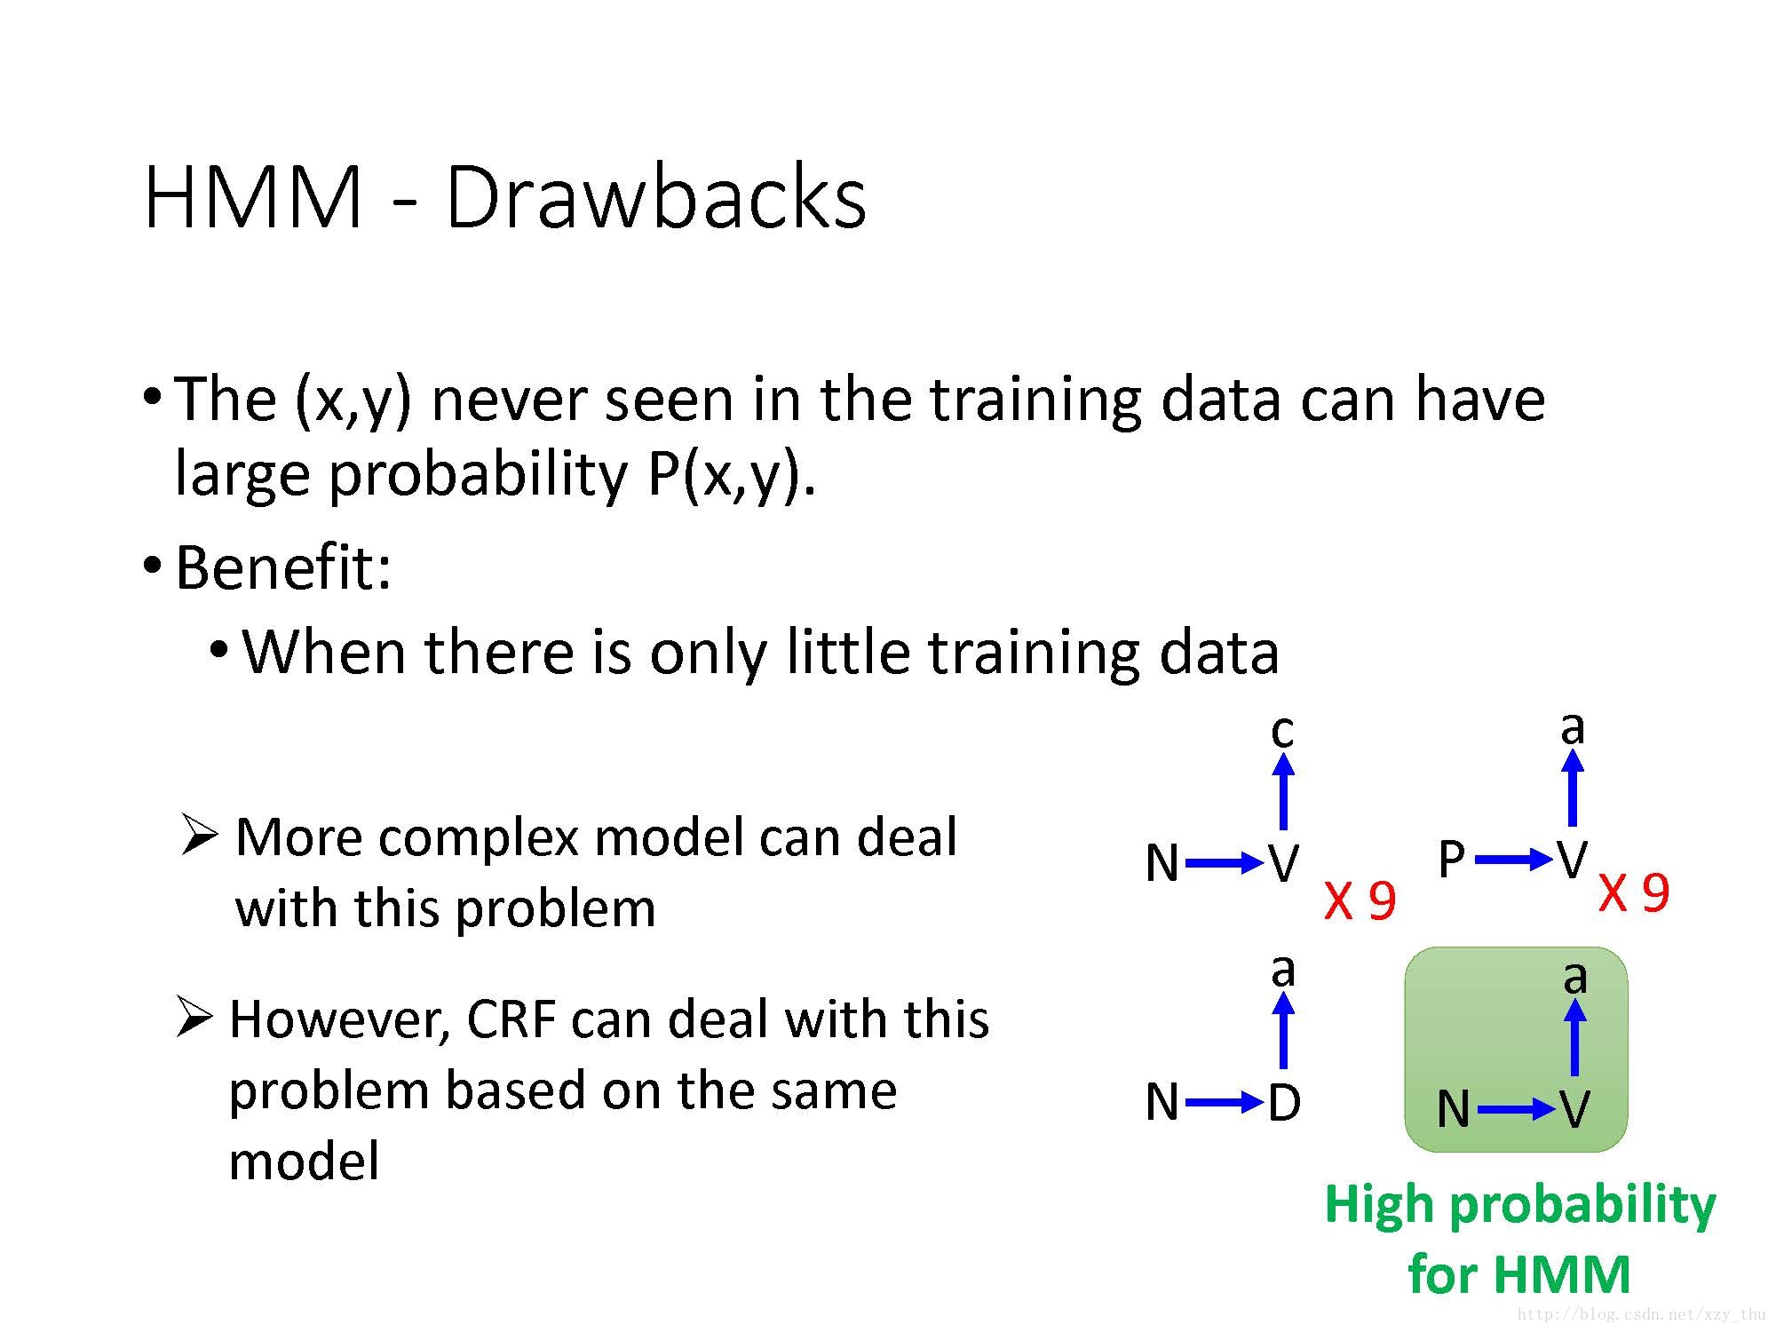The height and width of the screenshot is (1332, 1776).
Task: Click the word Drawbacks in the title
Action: (655, 197)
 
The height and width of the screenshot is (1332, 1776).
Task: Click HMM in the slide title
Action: (252, 197)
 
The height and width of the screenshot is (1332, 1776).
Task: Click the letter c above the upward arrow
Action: (1281, 731)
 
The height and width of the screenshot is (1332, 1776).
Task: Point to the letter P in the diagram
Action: (1451, 860)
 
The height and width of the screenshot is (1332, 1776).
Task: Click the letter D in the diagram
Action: (1284, 1103)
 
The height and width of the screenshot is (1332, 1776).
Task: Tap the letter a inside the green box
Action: (1574, 977)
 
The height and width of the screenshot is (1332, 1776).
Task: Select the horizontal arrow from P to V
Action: (1514, 859)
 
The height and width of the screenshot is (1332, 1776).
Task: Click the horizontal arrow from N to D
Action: (1224, 1103)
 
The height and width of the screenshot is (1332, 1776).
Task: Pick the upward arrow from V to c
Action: (1282, 790)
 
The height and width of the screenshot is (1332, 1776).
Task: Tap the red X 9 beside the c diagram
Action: (1360, 900)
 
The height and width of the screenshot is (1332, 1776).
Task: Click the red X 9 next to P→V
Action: (1634, 892)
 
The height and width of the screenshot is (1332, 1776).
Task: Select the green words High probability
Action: (1519, 1205)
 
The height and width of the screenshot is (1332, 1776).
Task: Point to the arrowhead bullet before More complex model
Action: (197, 835)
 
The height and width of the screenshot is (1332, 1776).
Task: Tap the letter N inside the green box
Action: (1453, 1108)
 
